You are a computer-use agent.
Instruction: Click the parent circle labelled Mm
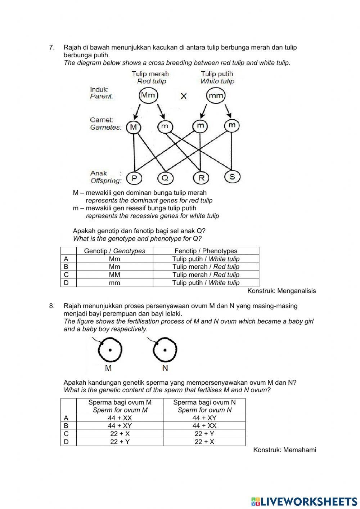click(x=148, y=95)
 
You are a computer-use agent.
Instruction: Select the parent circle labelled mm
click(x=216, y=96)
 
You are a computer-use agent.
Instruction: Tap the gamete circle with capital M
click(x=134, y=127)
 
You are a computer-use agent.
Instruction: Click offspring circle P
click(x=134, y=178)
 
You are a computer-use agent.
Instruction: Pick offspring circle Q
click(x=166, y=178)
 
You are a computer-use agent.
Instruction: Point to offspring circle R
click(x=201, y=178)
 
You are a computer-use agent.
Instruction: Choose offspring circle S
click(x=232, y=177)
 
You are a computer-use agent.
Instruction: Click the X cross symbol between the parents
click(x=184, y=96)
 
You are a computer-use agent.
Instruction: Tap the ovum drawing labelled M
click(x=109, y=350)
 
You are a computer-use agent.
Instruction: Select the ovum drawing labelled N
click(x=165, y=350)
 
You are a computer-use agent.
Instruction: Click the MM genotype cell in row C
click(x=114, y=275)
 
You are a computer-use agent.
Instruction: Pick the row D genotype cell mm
click(x=114, y=283)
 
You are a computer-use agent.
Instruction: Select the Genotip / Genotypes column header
click(x=114, y=251)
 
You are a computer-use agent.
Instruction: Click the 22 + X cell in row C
click(x=120, y=434)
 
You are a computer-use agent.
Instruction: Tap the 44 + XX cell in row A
click(x=120, y=418)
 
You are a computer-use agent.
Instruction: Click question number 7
click(x=52, y=47)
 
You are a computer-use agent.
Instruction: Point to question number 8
click(x=52, y=306)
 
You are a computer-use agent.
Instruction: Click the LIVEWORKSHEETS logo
click(x=304, y=501)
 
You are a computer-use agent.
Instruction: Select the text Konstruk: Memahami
click(x=284, y=450)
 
